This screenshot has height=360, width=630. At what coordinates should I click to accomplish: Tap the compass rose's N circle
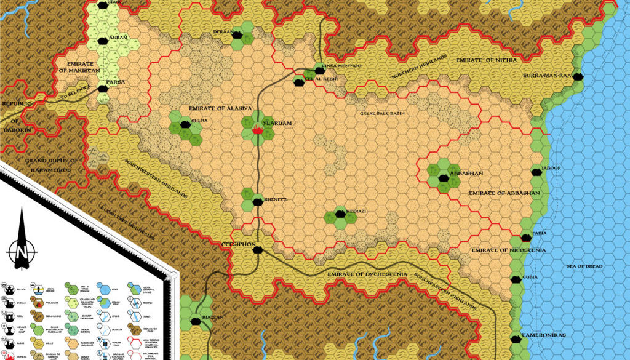click(21, 252)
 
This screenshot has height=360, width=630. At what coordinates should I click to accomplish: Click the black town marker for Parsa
click(104, 89)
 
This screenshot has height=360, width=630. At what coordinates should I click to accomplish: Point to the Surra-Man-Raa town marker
click(580, 77)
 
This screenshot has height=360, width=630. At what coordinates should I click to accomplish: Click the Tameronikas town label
click(544, 335)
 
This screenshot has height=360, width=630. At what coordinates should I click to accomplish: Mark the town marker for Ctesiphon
click(259, 250)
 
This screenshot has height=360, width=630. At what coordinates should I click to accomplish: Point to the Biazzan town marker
click(195, 321)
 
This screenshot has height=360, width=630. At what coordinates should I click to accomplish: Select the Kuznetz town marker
click(257, 201)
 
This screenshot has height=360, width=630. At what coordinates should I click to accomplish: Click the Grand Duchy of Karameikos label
click(48, 165)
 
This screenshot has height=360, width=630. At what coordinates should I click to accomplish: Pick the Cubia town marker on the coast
click(515, 279)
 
